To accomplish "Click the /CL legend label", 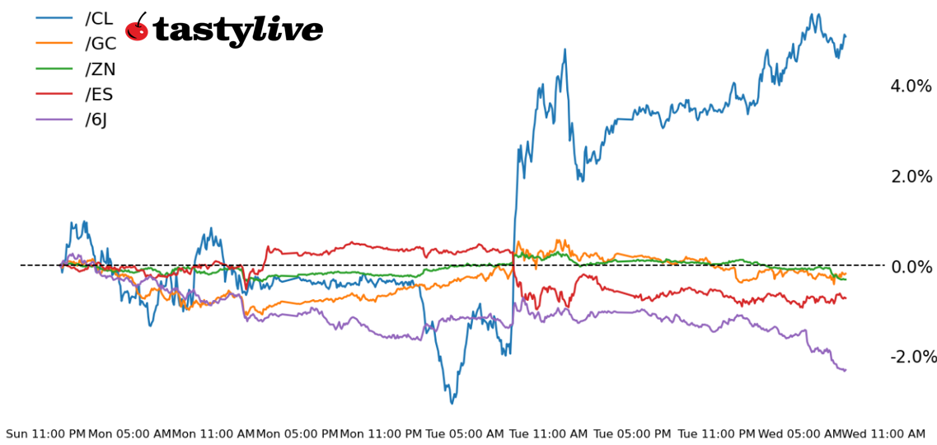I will tap(99, 19).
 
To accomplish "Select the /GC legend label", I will tap(101, 44).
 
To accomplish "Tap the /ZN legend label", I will tap(101, 69).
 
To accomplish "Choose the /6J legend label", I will tap(96, 119).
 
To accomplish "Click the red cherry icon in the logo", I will tap(137, 29).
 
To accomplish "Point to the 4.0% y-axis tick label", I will tap(911, 87).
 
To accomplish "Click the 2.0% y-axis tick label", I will tap(911, 176).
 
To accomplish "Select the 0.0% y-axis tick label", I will tap(911, 266).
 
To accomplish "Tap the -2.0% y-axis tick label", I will tap(913, 357).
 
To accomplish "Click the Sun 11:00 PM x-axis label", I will tap(45, 433).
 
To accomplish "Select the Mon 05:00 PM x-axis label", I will tap(297, 433).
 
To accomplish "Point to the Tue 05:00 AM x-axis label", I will tap(466, 433).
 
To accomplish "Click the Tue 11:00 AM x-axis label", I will tap(549, 433).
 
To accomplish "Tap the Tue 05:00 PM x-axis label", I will tap(632, 433).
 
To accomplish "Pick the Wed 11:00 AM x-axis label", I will tap(883, 433).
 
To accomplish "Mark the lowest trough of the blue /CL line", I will tap(452, 403).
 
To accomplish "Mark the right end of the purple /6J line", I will tap(846, 370).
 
